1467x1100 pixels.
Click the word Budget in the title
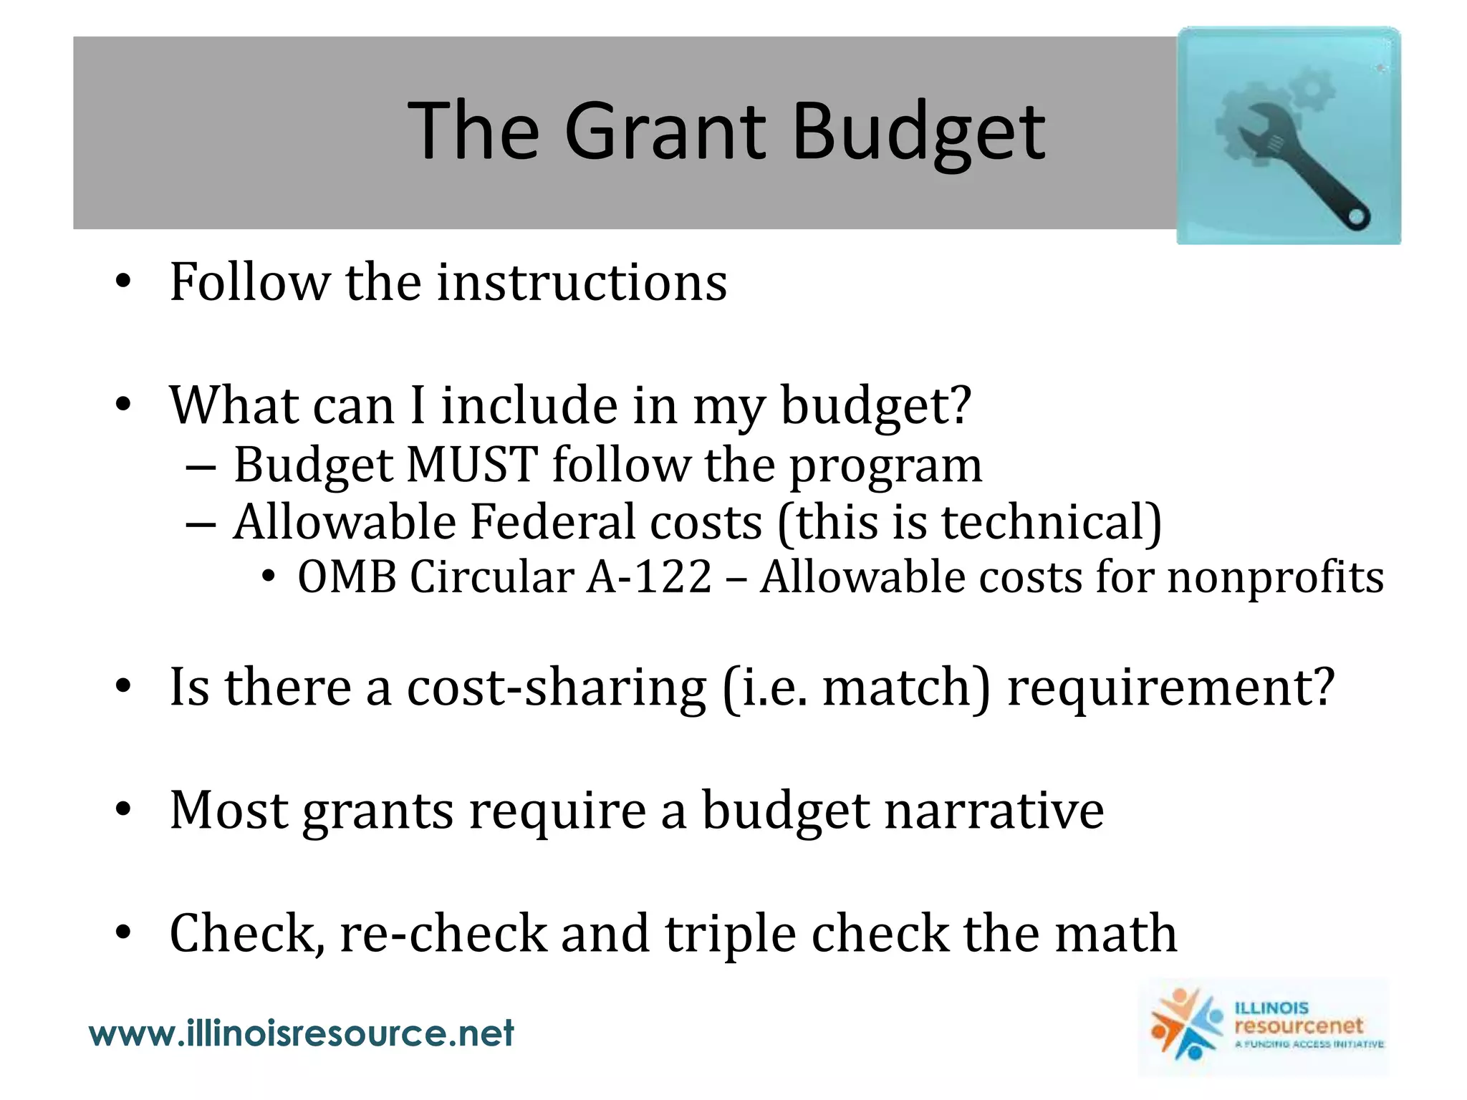919,132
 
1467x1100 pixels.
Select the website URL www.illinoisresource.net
301,1033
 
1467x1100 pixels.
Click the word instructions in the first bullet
582,282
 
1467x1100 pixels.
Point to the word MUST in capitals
472,465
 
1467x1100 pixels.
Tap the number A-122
649,577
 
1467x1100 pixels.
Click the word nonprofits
1275,577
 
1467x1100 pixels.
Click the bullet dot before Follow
123,282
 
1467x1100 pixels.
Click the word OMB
347,577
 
